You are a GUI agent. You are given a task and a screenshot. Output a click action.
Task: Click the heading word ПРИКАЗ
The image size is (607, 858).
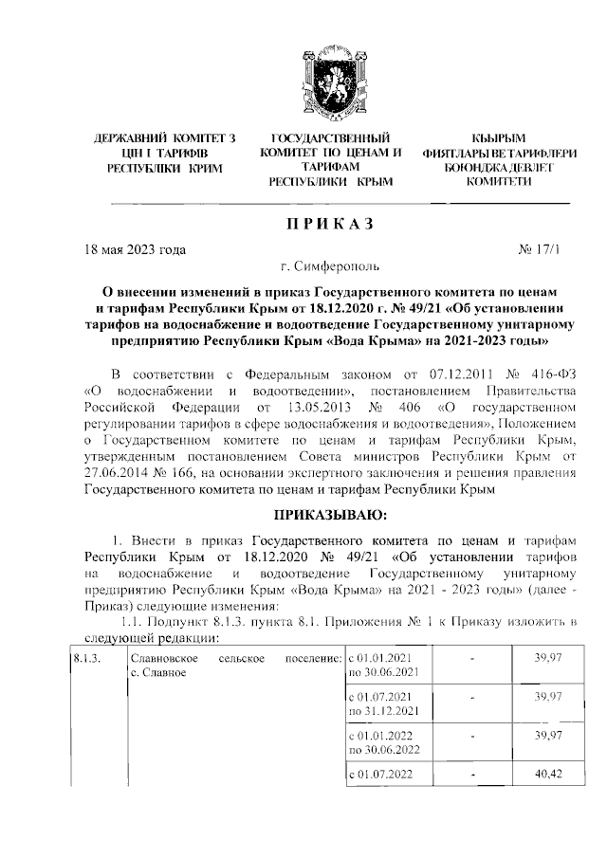(x=331, y=226)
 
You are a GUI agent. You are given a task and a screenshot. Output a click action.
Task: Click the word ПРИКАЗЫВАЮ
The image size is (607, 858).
(x=331, y=516)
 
